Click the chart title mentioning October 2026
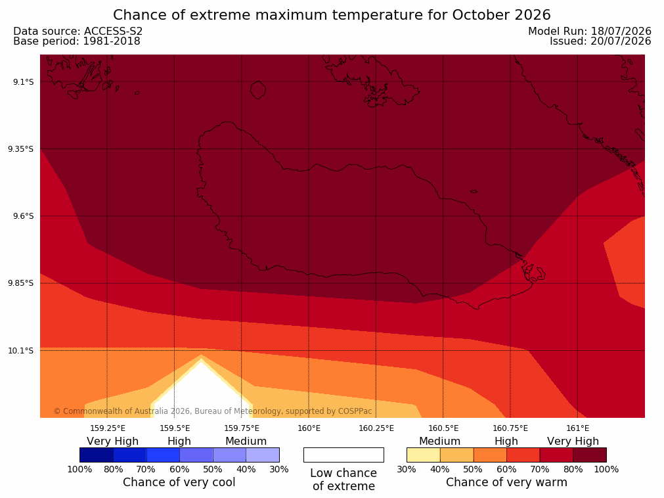point(332,15)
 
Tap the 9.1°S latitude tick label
point(24,81)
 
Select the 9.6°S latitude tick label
point(24,216)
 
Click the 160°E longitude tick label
point(309,428)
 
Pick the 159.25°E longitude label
point(108,428)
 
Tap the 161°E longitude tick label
point(577,428)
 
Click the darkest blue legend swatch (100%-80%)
point(97,455)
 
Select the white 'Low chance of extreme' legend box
point(343,455)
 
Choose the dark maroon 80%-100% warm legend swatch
point(590,455)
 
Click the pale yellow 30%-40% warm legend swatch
point(424,455)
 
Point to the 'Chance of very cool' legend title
point(179,482)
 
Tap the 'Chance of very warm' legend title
point(506,482)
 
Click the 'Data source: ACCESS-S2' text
point(78,32)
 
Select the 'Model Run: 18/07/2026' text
point(590,32)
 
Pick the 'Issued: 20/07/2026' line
point(600,41)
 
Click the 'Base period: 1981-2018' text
point(77,41)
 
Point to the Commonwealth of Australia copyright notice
point(213,411)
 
